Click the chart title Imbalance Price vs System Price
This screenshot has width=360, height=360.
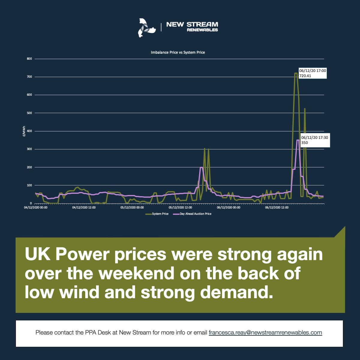[x=178, y=52]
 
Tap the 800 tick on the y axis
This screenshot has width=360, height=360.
[x=29, y=59]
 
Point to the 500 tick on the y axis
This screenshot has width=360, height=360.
[x=29, y=113]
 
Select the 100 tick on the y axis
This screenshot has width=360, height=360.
[x=29, y=185]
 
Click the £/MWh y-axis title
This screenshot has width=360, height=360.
[x=24, y=131]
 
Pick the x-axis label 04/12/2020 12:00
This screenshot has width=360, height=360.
[x=84, y=207]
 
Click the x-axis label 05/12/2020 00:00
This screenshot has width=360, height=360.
[x=132, y=207]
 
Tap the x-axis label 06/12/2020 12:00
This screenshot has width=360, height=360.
[x=277, y=207]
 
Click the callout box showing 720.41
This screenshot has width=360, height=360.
[x=312, y=73]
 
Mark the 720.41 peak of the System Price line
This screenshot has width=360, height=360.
[x=296, y=73]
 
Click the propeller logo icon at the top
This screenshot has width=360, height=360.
[x=146, y=28]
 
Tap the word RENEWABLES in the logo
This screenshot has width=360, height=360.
[x=202, y=30]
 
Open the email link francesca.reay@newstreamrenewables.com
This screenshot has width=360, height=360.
[x=265, y=332]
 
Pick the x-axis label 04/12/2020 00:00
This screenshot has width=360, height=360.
[x=36, y=207]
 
